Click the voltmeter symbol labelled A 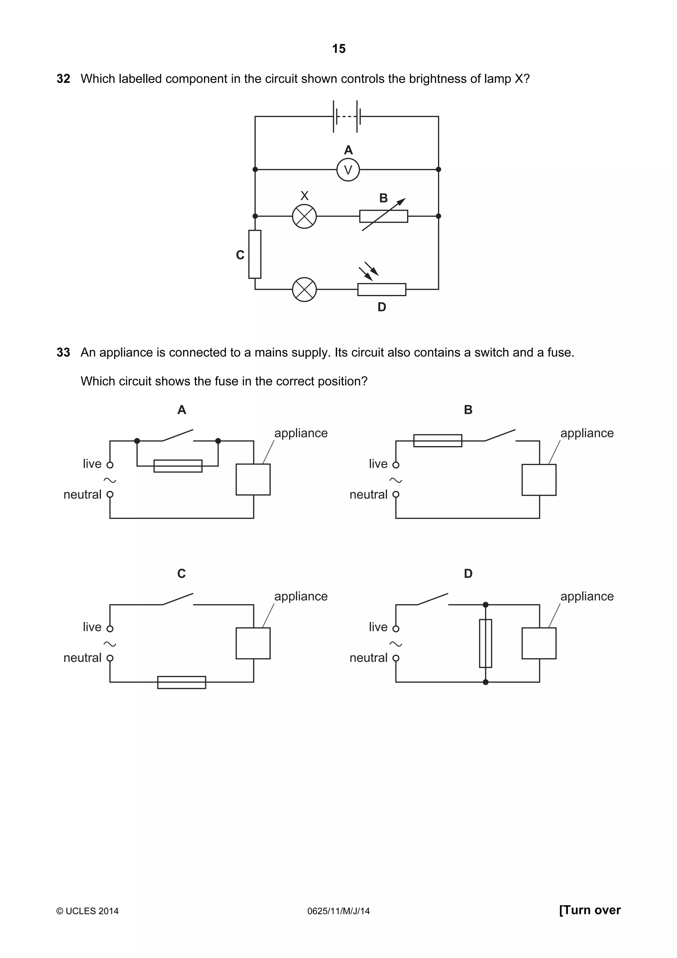tap(348, 169)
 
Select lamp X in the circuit tap(304, 216)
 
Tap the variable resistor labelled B tap(383, 216)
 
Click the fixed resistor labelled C tap(255, 254)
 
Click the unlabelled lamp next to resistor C tap(304, 289)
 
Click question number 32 tap(63, 79)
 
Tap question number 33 tap(63, 353)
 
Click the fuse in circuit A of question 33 tap(178, 466)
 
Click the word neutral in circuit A tap(82, 495)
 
